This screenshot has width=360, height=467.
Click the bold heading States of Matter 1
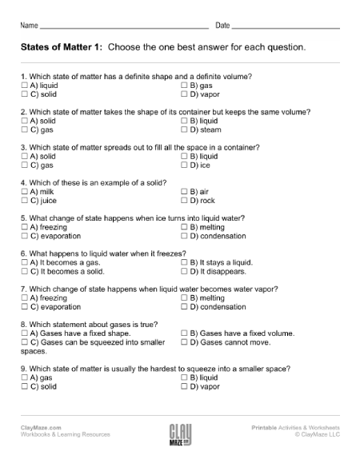[61, 47]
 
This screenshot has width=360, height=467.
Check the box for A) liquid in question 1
[24, 85]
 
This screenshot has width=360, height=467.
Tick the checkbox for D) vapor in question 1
[184, 94]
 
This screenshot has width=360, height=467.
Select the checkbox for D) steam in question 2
[184, 129]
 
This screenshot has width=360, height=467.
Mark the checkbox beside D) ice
[184, 165]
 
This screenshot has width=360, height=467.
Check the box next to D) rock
[184, 201]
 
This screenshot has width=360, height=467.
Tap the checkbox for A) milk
[24, 192]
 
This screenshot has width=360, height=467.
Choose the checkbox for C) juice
[24, 201]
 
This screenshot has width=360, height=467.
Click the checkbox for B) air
[184, 192]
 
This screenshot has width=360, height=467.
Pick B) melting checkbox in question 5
[184, 227]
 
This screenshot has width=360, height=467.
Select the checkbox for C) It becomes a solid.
[24, 271]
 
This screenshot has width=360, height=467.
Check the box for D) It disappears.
[184, 271]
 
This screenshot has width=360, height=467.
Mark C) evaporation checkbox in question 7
[24, 306]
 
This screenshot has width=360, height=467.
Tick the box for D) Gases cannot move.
[184, 342]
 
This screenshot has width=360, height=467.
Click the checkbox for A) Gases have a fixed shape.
[24, 333]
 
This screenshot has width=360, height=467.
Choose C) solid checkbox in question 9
[24, 386]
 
